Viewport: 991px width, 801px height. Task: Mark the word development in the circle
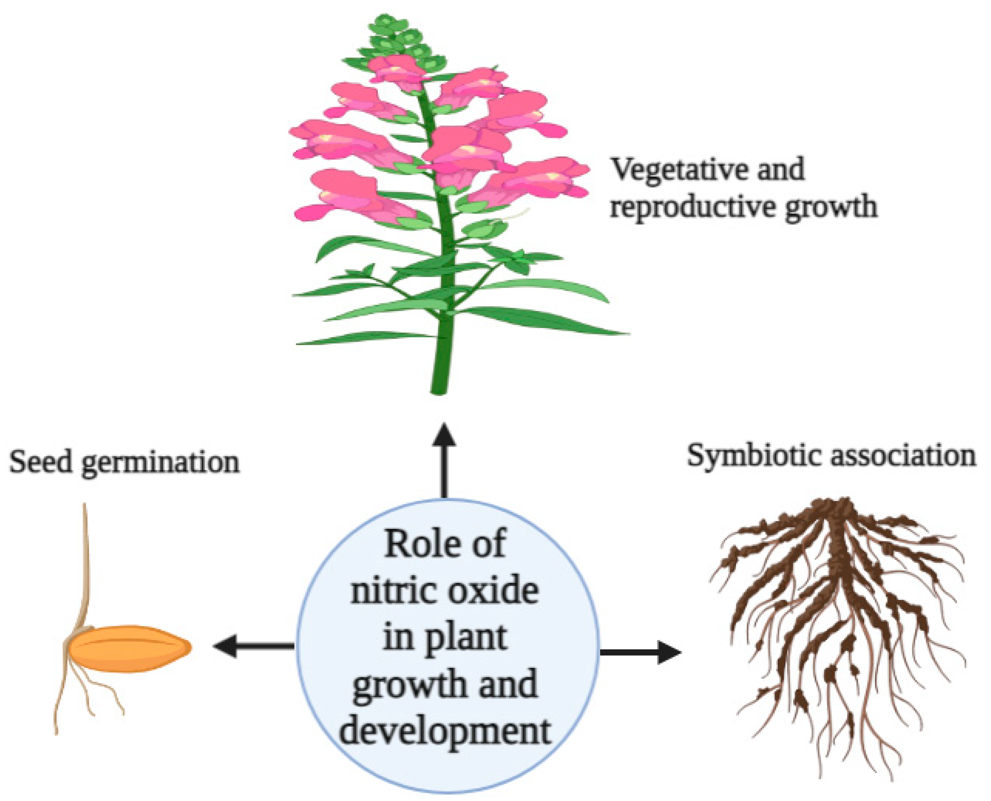pyautogui.click(x=445, y=731)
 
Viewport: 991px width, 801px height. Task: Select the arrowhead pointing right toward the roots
pyautogui.click(x=669, y=652)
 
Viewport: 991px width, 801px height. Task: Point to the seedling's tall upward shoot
pyautogui.click(x=86, y=563)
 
